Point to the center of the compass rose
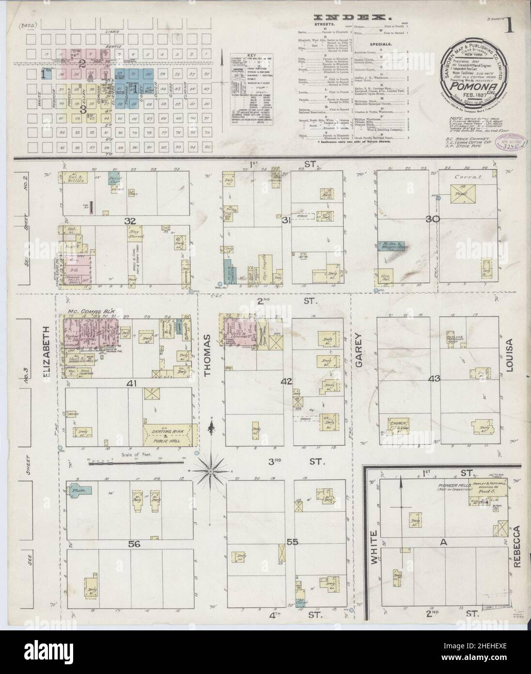tap(211, 470)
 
